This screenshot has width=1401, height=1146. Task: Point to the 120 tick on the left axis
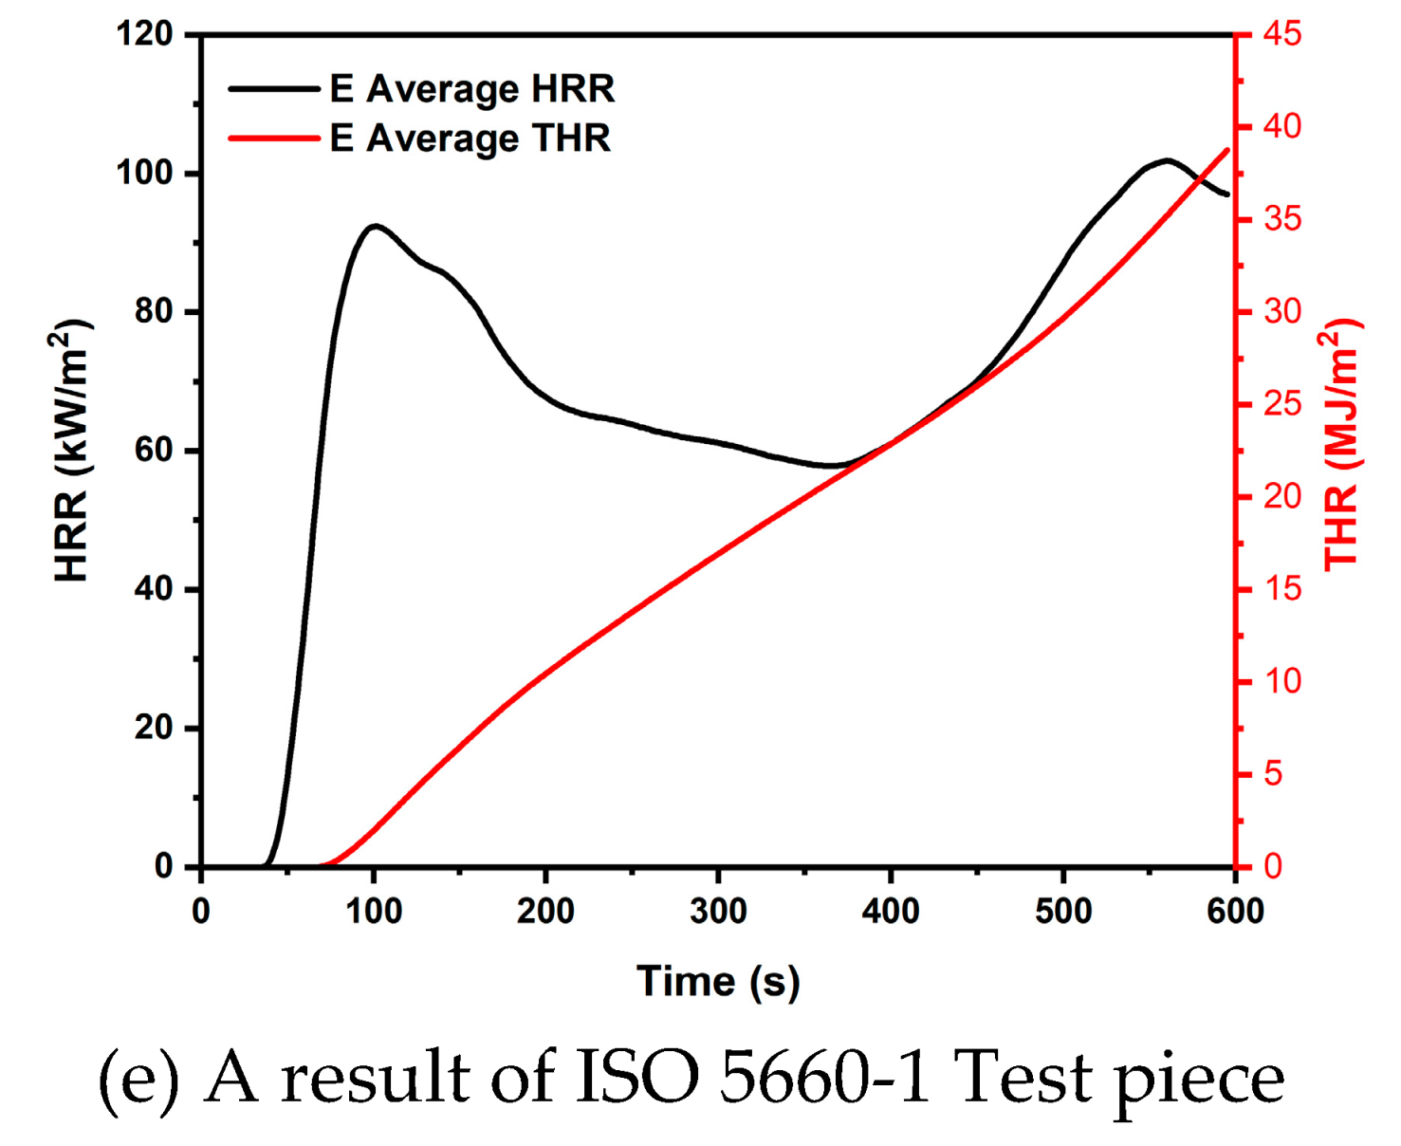tap(144, 35)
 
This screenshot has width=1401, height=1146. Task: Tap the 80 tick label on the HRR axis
tap(154, 312)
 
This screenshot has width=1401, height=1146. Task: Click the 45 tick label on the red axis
tap(1281, 35)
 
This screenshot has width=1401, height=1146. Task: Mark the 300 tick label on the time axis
tap(718, 912)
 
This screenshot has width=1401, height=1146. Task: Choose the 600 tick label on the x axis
tap(1235, 912)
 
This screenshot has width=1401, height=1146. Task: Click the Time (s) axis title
tap(718, 981)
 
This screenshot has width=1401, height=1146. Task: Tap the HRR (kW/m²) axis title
tap(72, 451)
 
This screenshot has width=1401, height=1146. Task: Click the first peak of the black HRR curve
tap(376, 226)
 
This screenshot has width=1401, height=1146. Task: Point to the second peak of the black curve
tap(1167, 160)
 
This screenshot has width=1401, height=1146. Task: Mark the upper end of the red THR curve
tap(1227, 150)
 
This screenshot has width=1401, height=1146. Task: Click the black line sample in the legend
tap(274, 89)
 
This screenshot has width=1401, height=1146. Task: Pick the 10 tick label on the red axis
tap(1281, 681)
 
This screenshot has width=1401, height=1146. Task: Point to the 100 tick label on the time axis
tap(374, 912)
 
